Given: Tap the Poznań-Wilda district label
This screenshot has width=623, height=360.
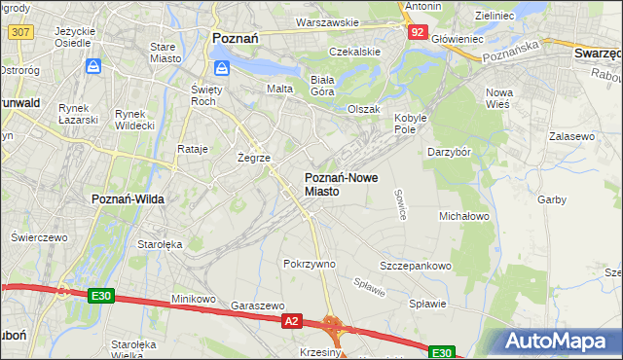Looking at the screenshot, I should (x=128, y=198).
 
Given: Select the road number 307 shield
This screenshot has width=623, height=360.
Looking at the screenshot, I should (x=19, y=32).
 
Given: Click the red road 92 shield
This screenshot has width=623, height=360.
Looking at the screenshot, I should (x=417, y=32).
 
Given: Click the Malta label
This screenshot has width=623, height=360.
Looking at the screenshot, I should (x=280, y=89).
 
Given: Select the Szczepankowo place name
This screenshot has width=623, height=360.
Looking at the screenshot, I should (x=416, y=266).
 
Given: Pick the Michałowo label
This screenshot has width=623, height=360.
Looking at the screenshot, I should (x=463, y=215).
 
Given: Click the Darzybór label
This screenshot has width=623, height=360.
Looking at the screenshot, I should (x=449, y=152).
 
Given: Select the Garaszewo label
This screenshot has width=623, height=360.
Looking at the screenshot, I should (x=257, y=305).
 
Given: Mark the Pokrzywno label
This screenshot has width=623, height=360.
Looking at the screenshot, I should (x=309, y=264).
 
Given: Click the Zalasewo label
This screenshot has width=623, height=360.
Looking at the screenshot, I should (x=571, y=137).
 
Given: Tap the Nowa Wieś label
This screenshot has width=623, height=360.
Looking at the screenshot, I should (x=504, y=97).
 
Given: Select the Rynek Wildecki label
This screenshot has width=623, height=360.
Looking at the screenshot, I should (x=134, y=120).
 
